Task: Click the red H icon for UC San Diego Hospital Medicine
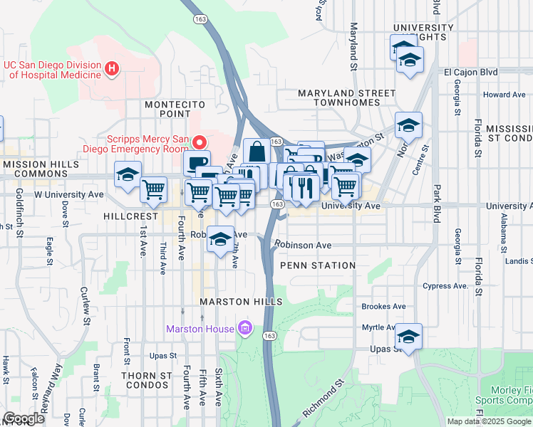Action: [x=111, y=69]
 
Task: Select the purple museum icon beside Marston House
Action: [x=245, y=328]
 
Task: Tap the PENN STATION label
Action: [x=317, y=265]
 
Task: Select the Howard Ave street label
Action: [x=504, y=95]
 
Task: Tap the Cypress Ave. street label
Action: [x=447, y=286]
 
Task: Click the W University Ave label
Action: [x=69, y=194]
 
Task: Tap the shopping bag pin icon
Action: [x=257, y=152]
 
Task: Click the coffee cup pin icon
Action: [x=197, y=162]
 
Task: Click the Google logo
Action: [x=24, y=418]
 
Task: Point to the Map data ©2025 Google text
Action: [x=489, y=421]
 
